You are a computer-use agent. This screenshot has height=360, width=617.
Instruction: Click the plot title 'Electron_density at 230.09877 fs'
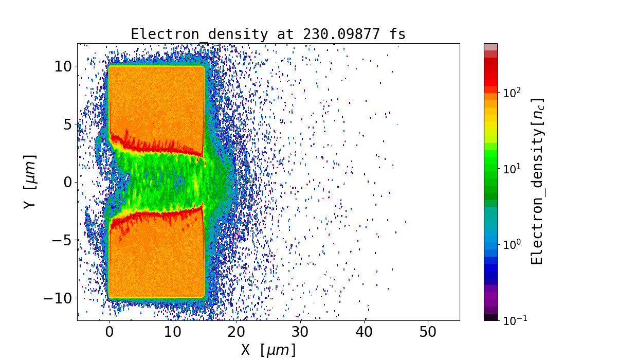tap(268, 34)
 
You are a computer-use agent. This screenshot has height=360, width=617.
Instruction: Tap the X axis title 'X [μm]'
tap(268, 350)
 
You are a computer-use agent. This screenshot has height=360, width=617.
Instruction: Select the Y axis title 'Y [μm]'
tap(30, 182)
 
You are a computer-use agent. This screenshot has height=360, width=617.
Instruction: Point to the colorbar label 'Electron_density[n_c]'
tap(537, 182)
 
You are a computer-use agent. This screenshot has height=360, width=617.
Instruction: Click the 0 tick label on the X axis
tap(109, 333)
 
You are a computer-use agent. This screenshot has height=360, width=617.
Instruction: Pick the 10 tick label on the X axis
tap(173, 333)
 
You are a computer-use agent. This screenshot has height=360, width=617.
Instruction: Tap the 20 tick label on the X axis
tap(237, 333)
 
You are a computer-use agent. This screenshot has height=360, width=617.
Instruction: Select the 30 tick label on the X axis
tap(300, 333)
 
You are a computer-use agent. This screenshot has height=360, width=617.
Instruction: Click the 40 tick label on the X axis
tap(364, 333)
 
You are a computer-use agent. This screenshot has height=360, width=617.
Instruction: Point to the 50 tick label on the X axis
tap(428, 333)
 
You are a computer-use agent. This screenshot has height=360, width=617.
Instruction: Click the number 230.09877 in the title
tap(347, 34)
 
